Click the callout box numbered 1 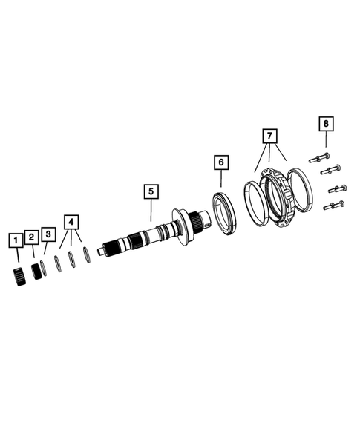click(15, 240)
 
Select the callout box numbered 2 click(31, 237)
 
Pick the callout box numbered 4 click(71, 222)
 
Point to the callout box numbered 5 click(151, 192)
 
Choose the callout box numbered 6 click(220, 162)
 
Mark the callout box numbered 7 click(269, 137)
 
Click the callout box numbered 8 click(324, 122)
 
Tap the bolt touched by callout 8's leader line click(318, 157)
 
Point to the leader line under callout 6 click(220, 182)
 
